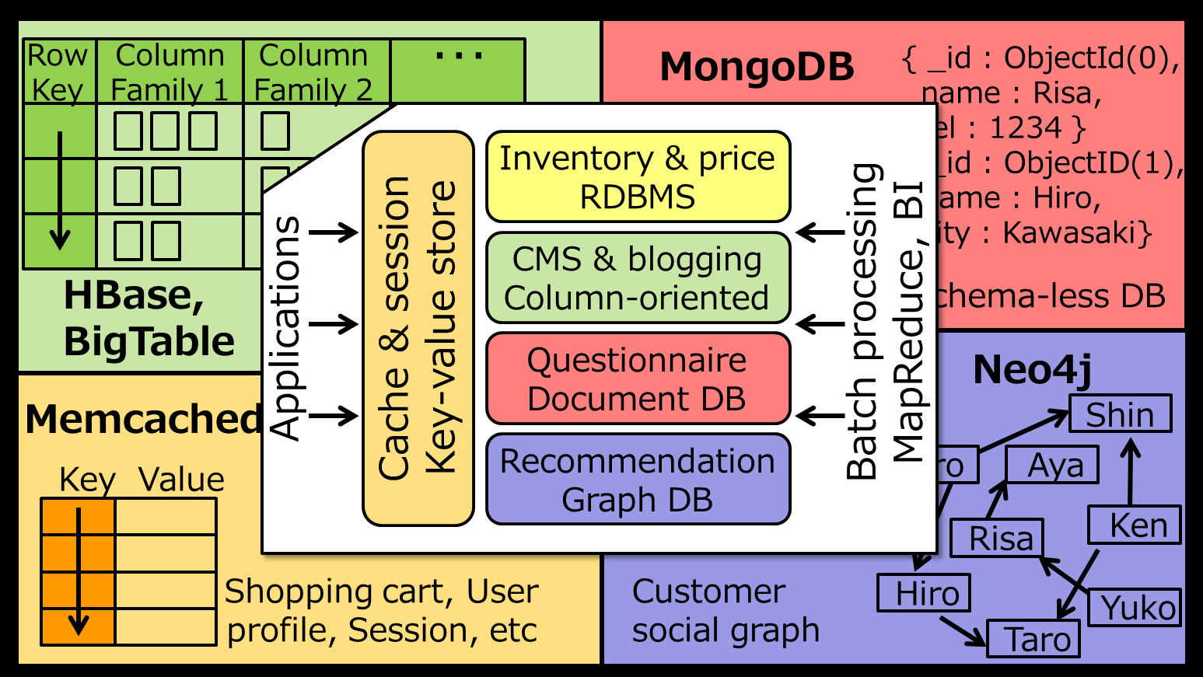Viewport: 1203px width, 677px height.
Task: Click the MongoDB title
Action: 757,67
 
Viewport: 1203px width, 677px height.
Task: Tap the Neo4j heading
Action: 1032,369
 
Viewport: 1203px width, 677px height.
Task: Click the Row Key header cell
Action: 58,72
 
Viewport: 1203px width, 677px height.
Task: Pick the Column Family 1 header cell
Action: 170,72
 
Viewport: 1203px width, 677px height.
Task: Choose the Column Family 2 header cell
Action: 314,72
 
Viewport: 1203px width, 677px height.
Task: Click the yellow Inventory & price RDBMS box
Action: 638,177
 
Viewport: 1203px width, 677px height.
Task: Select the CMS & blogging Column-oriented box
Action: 638,278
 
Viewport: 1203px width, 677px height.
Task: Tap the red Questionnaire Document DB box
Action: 638,379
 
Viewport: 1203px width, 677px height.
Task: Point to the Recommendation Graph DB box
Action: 638,480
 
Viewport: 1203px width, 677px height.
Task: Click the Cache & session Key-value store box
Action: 418,328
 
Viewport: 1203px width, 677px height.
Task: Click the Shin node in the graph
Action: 1120,414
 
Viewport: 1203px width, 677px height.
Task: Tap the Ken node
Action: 1136,525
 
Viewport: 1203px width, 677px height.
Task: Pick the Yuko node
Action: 1138,608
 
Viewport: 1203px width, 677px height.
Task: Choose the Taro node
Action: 1034,640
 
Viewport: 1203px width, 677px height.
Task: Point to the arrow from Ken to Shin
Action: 1131,473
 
